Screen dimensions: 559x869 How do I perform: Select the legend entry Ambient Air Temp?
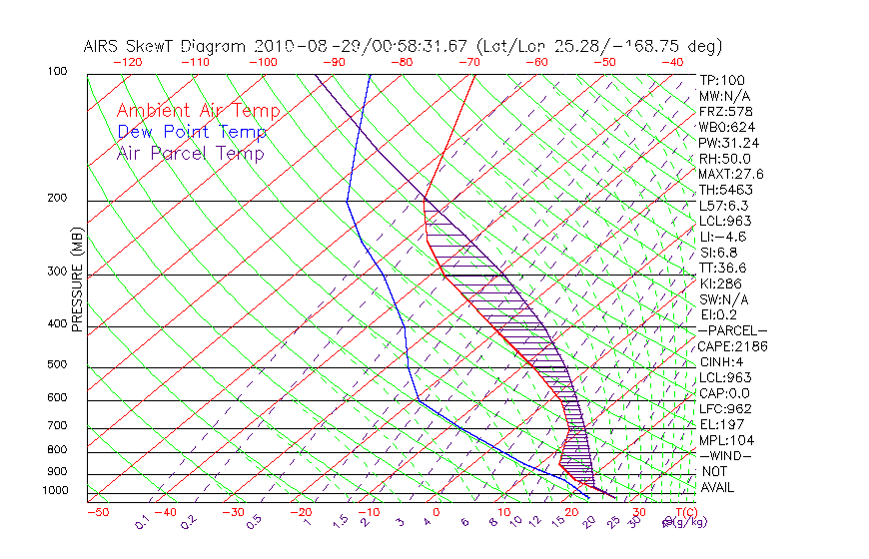click(x=198, y=112)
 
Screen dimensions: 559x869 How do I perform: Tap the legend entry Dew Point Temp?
click(x=192, y=133)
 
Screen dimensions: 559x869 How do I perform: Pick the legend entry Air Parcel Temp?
click(x=190, y=154)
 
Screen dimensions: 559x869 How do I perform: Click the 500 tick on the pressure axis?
click(x=56, y=365)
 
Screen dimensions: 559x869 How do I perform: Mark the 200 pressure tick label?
click(x=56, y=199)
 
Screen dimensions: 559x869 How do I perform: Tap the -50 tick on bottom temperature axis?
click(x=97, y=512)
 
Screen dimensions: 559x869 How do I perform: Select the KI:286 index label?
click(x=721, y=283)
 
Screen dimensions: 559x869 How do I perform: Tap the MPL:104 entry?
click(x=726, y=440)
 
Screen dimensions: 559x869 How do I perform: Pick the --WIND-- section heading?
click(x=726, y=455)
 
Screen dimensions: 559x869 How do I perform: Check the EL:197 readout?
click(x=721, y=424)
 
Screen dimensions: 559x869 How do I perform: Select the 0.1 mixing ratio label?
click(x=142, y=521)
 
